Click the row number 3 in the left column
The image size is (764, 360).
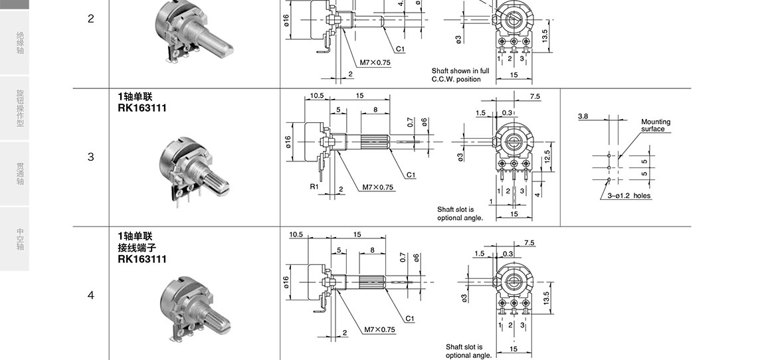pyautogui.click(x=90, y=157)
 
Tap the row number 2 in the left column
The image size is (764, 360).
pyautogui.click(x=90, y=19)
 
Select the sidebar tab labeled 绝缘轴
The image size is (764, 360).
pyautogui.click(x=20, y=43)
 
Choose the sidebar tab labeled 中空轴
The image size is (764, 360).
pyautogui.click(x=20, y=238)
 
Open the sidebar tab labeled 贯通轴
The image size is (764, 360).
pyautogui.click(x=20, y=174)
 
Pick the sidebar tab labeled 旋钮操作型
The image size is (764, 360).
pyautogui.click(x=20, y=108)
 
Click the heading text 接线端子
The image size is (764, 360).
pyautogui.click(x=137, y=248)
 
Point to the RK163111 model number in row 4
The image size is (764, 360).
pyautogui.click(x=142, y=259)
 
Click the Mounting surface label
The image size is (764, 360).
pyautogui.click(x=655, y=125)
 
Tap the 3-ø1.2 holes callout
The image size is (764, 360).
pyautogui.click(x=628, y=196)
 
